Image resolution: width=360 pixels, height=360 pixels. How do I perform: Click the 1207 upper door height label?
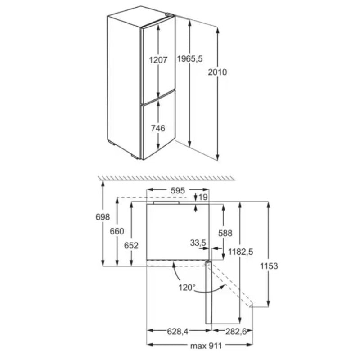[x=158, y=60]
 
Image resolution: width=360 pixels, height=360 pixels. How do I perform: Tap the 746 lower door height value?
[x=158, y=128]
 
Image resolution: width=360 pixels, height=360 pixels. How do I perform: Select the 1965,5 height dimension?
[x=190, y=59]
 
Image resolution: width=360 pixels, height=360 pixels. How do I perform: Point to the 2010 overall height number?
[x=217, y=72]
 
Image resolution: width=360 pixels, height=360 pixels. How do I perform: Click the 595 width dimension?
[x=178, y=190]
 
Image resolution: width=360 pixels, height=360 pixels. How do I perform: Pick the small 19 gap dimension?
[x=203, y=197]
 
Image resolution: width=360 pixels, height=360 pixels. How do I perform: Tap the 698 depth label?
[x=103, y=217]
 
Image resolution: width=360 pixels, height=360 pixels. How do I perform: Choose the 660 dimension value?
[x=117, y=231]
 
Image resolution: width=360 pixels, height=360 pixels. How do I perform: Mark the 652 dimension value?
[x=131, y=246]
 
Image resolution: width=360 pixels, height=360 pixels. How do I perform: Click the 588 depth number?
[x=225, y=233]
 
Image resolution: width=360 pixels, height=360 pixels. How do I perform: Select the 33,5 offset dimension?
[x=198, y=243]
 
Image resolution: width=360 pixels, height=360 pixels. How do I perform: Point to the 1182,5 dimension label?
[x=241, y=252]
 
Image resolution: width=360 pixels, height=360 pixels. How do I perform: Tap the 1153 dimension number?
[x=269, y=266]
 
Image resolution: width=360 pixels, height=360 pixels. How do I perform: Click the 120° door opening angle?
[x=187, y=287]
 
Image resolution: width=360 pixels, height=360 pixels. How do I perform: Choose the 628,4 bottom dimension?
[x=177, y=331]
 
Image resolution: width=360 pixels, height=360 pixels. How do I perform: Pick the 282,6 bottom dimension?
[x=236, y=331]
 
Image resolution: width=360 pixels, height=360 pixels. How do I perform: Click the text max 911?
[x=206, y=346]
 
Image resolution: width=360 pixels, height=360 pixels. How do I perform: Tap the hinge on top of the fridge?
[x=171, y=14]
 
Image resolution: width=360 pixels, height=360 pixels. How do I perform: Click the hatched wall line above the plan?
[x=166, y=178]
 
